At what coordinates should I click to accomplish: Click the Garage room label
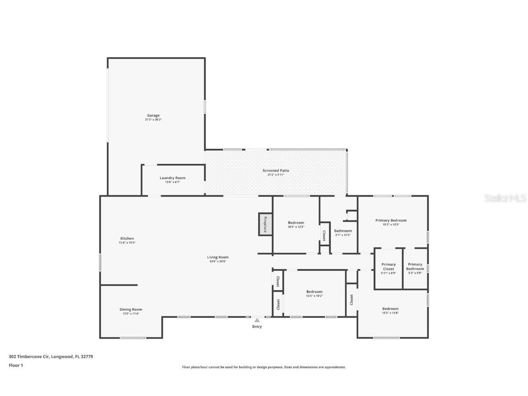(154, 115)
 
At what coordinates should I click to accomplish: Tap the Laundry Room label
(172, 178)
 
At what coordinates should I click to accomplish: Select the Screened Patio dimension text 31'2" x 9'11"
(276, 175)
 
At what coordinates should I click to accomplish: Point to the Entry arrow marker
(257, 320)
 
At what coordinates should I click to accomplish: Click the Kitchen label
(127, 238)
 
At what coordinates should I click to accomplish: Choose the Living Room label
(217, 257)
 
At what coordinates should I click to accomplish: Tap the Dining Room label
(131, 309)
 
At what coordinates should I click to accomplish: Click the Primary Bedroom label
(390, 220)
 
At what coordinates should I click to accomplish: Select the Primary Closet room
(388, 269)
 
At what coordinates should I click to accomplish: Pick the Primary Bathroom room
(415, 269)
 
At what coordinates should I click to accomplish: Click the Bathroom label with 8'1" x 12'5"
(343, 231)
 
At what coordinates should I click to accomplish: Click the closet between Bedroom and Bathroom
(324, 236)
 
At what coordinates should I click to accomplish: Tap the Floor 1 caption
(16, 365)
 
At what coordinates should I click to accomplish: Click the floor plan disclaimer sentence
(264, 367)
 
